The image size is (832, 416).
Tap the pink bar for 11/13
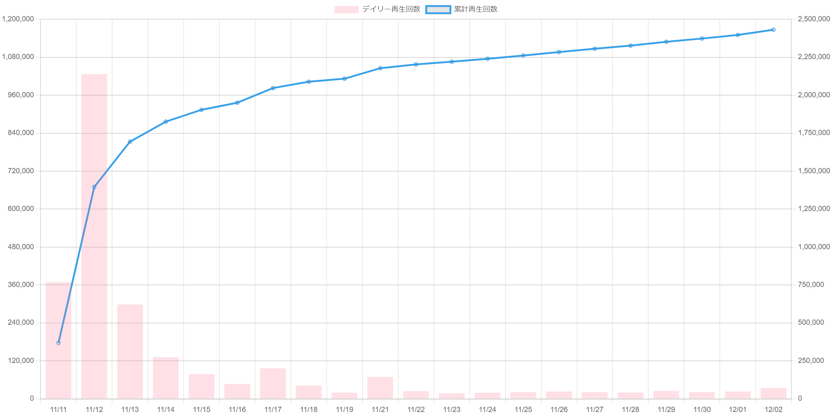coord(130,352)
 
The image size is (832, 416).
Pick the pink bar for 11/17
coord(273,383)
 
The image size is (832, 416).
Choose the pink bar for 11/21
coord(380,388)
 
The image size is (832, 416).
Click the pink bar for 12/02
coord(773,393)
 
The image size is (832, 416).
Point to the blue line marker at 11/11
coord(58,343)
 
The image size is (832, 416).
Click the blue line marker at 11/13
coord(130,141)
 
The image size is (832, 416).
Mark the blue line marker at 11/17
coord(273,88)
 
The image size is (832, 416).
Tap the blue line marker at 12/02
coord(773,30)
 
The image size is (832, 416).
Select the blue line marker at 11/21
coord(380,68)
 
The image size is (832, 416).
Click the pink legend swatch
coord(346,9)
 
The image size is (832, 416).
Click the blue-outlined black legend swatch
coord(438,9)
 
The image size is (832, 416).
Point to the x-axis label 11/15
coord(201,409)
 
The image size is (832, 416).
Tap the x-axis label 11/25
coord(523,409)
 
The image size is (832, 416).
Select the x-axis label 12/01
coord(738,409)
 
